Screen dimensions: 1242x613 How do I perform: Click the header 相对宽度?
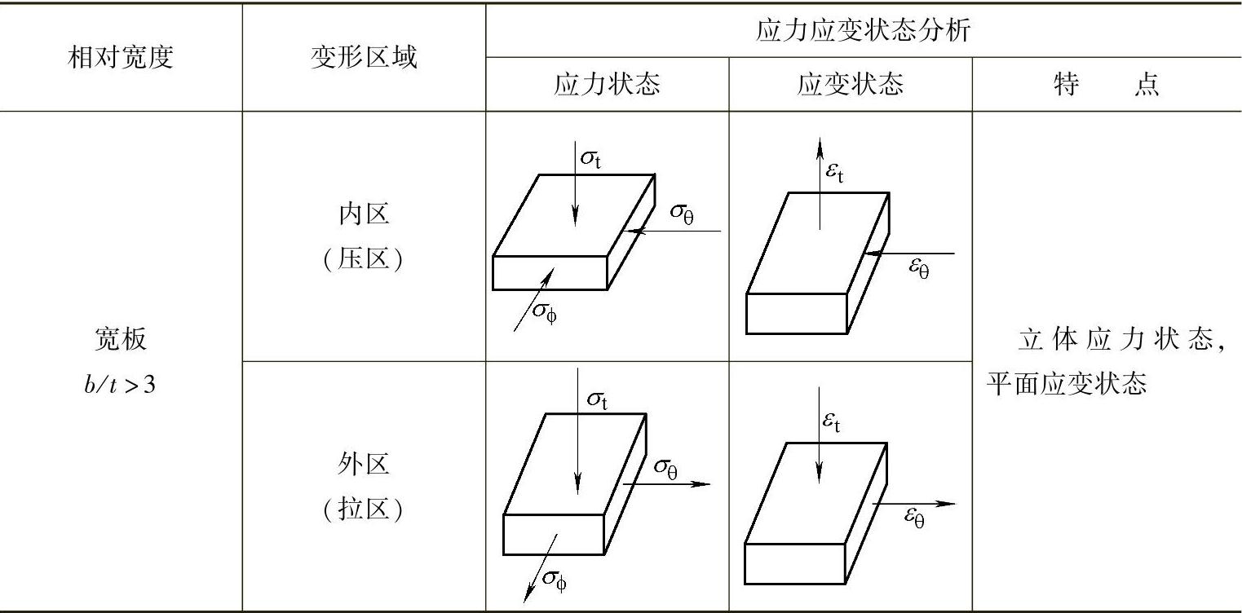point(121,58)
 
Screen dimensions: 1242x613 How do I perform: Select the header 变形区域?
point(364,58)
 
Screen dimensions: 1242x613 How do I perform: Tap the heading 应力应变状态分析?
point(864,31)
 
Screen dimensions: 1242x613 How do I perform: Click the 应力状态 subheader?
point(607,85)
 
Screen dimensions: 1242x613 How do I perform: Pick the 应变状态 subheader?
point(850,85)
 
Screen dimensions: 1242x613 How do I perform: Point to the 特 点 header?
point(1107,85)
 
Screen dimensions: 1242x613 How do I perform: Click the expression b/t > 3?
point(120,385)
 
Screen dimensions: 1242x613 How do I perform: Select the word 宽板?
point(120,340)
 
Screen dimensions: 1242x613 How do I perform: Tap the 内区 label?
point(364,214)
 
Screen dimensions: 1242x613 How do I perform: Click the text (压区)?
point(364,261)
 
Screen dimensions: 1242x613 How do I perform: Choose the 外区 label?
point(364,464)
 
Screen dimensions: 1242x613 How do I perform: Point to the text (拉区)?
point(364,510)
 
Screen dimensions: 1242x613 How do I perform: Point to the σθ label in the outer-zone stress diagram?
point(666,468)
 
